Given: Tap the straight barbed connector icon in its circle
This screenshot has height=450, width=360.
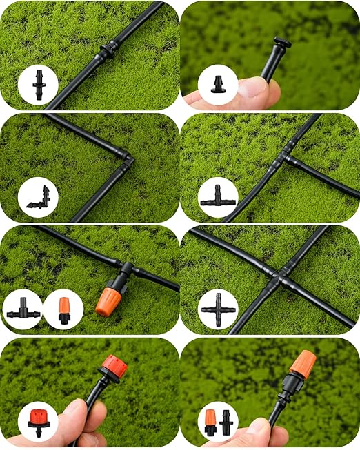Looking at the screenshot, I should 39,84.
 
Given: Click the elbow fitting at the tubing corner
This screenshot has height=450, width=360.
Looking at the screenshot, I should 127,161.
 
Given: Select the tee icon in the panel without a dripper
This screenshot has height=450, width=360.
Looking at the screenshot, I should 218,197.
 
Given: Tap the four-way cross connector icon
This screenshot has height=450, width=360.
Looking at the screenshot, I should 218,309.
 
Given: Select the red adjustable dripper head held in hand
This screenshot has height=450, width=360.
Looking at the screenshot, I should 113,368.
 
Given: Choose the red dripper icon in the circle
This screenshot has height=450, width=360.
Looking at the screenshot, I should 37,420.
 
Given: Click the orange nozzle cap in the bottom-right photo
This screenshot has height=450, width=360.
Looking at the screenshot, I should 302,364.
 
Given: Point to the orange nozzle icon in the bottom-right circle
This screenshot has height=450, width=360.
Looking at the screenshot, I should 210,421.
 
